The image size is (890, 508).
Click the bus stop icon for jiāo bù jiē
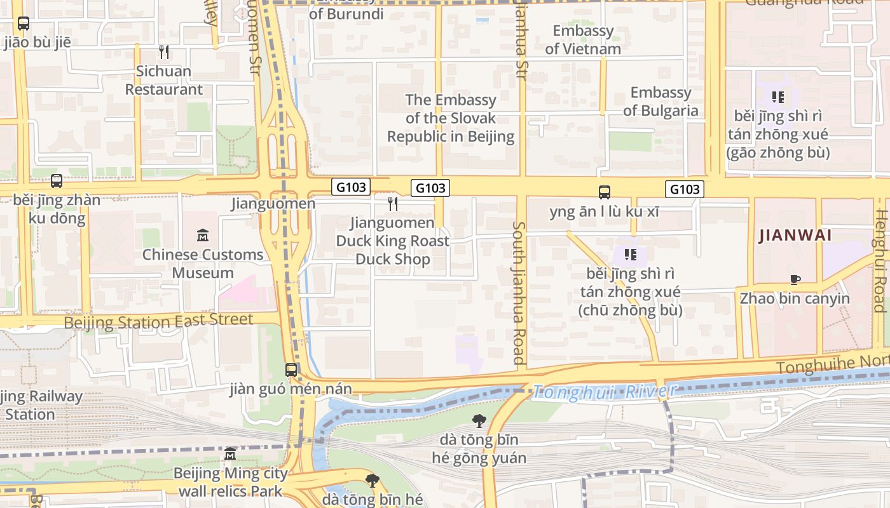tap(24, 23)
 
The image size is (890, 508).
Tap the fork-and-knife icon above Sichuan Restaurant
tap(164, 51)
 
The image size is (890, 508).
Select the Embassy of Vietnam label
tap(583, 39)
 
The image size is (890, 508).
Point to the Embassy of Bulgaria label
tap(661, 102)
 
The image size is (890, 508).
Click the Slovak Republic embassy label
tap(451, 118)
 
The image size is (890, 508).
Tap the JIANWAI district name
tap(795, 236)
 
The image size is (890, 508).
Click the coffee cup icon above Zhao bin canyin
tap(795, 279)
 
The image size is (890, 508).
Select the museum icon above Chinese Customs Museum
tap(203, 236)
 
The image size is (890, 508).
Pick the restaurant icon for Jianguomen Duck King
tap(393, 203)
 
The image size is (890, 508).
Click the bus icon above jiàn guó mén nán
tap(291, 370)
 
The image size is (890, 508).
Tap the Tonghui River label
tap(604, 392)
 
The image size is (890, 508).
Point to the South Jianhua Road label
tap(519, 293)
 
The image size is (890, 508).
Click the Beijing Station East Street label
tap(158, 321)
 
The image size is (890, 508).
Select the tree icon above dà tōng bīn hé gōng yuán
tap(479, 420)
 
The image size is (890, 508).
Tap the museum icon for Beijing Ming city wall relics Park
tap(230, 455)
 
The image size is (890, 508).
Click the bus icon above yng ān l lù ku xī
tap(605, 192)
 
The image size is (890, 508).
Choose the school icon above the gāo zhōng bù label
tap(777, 97)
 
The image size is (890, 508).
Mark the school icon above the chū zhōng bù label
tap(630, 255)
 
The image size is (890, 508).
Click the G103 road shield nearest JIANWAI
tap(685, 189)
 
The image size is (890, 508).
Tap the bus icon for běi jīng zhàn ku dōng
tap(57, 181)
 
